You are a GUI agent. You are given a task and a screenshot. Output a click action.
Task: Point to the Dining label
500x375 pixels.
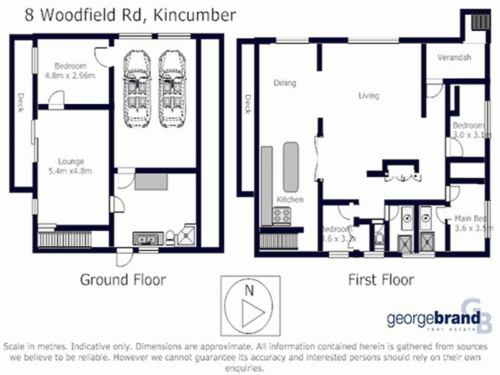point(284,83)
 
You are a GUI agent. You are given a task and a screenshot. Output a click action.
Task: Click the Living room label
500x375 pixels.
point(369,96)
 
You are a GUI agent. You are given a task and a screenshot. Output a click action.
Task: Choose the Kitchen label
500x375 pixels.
point(290,199)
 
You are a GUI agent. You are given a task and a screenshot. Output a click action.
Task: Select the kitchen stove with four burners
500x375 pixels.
point(282,216)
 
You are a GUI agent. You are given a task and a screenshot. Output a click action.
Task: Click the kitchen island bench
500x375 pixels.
point(291,166)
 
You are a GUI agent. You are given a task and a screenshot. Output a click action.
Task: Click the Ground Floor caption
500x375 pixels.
point(122,279)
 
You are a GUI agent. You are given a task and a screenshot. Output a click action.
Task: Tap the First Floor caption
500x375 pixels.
point(381,279)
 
